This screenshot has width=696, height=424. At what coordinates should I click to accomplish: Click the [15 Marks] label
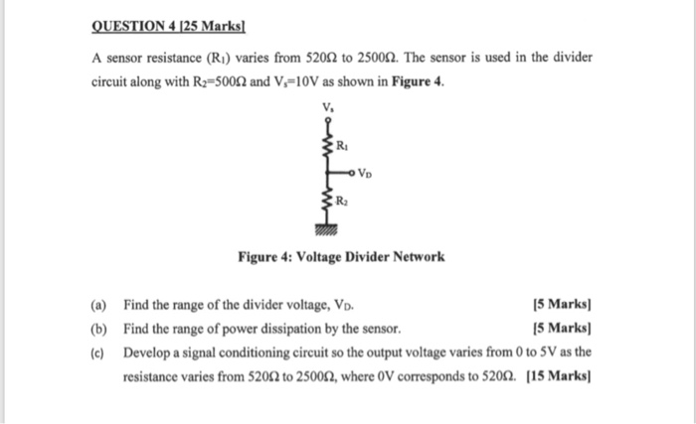[x=560, y=377]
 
